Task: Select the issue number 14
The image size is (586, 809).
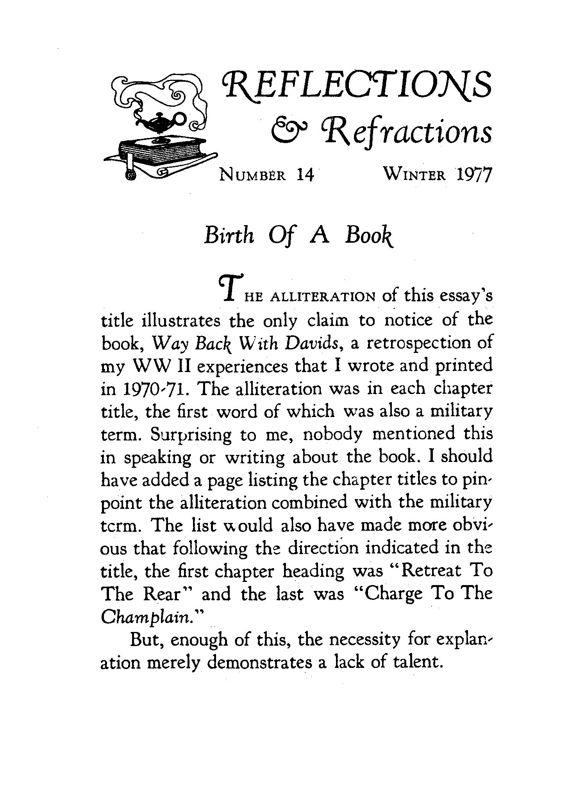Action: click(x=305, y=175)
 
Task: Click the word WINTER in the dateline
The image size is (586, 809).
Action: click(x=414, y=175)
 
